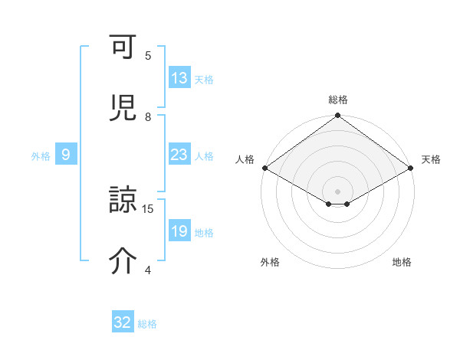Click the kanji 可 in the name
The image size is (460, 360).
[123, 49]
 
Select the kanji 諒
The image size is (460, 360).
[123, 203]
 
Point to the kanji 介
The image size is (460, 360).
[123, 262]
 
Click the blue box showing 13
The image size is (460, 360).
[179, 78]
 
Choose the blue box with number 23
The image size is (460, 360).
[179, 155]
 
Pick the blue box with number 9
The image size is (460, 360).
[66, 155]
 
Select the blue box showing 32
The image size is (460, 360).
[123, 322]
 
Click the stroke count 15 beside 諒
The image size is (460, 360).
[149, 208]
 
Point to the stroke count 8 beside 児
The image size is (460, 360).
[148, 116]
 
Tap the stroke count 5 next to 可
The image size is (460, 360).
[148, 55]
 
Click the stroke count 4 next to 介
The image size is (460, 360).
[148, 270]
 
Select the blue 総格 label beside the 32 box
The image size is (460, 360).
[147, 324]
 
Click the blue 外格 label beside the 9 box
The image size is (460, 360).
[41, 156]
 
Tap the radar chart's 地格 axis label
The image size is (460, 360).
[402, 262]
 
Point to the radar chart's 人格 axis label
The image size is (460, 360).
[245, 159]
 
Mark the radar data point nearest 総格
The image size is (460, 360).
[337, 116]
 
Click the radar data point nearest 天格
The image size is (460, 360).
[412, 168]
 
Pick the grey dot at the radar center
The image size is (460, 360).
[337, 191]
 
